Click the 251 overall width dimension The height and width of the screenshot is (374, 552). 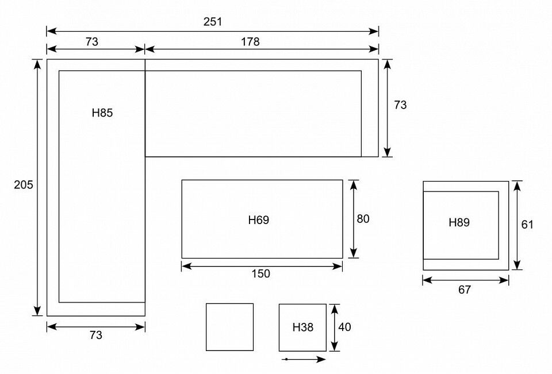coord(213,22)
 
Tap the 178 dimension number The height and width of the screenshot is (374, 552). coord(250,42)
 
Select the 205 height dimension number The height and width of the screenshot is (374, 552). coord(23,185)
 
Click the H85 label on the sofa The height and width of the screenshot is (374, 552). coord(102,113)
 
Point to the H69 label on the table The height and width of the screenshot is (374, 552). coord(259,220)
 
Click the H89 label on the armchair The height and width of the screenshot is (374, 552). coord(459,222)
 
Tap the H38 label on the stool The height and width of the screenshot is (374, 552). coord(303,327)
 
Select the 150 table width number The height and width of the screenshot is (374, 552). coord(261,273)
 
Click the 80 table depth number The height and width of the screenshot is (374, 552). coord(363,219)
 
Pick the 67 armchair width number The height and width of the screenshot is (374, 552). coord(465,290)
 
